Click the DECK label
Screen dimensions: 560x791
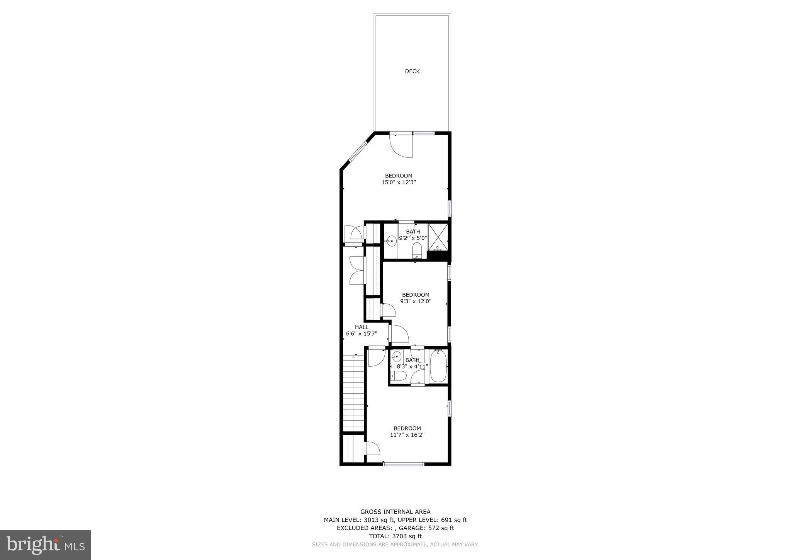pos(412,71)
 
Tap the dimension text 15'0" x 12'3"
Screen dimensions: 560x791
pos(399,182)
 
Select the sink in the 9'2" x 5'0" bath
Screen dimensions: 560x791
pos(391,241)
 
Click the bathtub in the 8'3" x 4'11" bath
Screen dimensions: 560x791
pos(438,366)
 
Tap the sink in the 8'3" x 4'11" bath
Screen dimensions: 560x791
pos(397,356)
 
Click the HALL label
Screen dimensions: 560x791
pos(362,327)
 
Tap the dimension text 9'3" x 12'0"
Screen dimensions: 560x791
pos(416,301)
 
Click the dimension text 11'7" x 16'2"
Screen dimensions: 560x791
pos(407,435)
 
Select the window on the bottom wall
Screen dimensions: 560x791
pos(403,464)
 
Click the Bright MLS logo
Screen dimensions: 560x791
pos(45,545)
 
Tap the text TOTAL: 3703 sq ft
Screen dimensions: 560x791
pos(395,536)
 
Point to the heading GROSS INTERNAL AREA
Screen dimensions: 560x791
pos(395,512)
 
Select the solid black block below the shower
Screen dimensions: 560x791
pos(438,256)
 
